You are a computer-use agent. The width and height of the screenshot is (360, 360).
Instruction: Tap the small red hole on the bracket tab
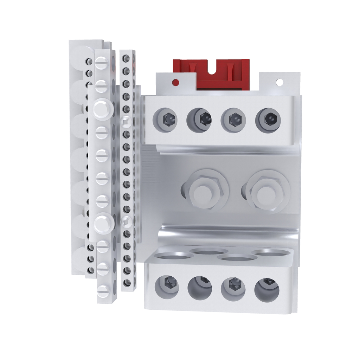[175, 83]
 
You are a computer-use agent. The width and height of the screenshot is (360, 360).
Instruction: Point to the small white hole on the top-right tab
[279, 82]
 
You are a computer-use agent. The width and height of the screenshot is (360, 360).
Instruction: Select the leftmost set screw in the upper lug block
[166, 120]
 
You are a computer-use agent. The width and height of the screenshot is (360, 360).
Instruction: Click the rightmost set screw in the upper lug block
[269, 120]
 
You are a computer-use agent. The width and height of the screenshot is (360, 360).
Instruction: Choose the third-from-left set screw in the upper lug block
[233, 120]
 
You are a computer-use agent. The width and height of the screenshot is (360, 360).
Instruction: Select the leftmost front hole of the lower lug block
[167, 287]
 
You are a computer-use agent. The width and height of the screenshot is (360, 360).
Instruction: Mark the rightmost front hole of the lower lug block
[267, 290]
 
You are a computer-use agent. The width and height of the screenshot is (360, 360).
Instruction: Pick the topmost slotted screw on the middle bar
[102, 63]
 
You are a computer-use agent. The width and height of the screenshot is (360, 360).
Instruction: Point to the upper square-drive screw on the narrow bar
[126, 122]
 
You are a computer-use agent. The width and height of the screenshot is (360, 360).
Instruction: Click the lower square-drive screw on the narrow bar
[126, 221]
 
